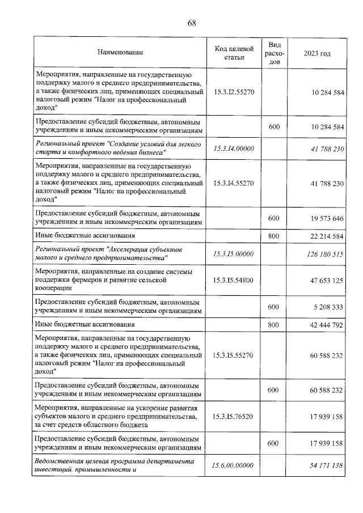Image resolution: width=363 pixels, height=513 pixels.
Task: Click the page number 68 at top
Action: click(191, 23)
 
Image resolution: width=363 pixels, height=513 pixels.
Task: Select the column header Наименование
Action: click(120, 53)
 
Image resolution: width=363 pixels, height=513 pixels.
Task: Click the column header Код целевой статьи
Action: click(233, 53)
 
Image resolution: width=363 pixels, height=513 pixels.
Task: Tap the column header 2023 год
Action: click(317, 53)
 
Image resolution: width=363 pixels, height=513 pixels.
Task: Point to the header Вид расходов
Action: click(274, 53)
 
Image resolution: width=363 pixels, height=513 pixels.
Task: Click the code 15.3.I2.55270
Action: click(233, 91)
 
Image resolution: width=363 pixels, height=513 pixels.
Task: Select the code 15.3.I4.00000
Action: click(233, 149)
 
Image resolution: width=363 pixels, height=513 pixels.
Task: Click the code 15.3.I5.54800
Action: click(233, 280)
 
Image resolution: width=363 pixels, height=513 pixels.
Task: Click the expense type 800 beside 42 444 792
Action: click(274, 324)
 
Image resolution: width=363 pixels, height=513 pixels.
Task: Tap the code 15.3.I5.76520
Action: click(233, 417)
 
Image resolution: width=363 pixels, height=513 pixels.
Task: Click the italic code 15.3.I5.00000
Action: click(233, 254)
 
